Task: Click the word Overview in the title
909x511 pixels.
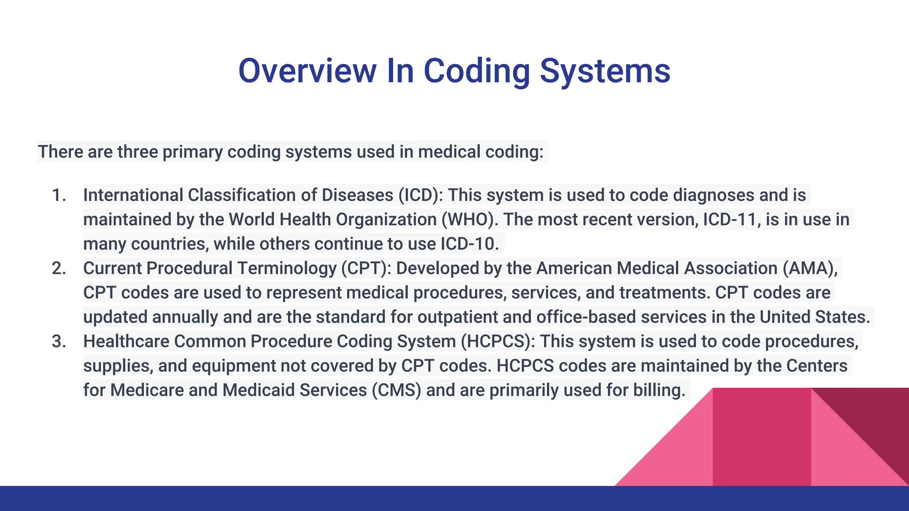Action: pos(307,71)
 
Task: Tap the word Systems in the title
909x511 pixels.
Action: pos(605,71)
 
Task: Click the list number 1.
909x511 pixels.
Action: pos(59,196)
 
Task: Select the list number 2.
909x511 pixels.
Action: pos(59,269)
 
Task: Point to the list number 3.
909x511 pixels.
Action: pos(59,342)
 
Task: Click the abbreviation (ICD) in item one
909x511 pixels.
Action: pos(420,196)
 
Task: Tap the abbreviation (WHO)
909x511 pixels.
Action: pos(470,220)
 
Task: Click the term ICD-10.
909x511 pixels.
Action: pos(469,244)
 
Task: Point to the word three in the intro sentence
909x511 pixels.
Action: pos(138,152)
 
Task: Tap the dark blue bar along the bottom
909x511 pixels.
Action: pos(454,499)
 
